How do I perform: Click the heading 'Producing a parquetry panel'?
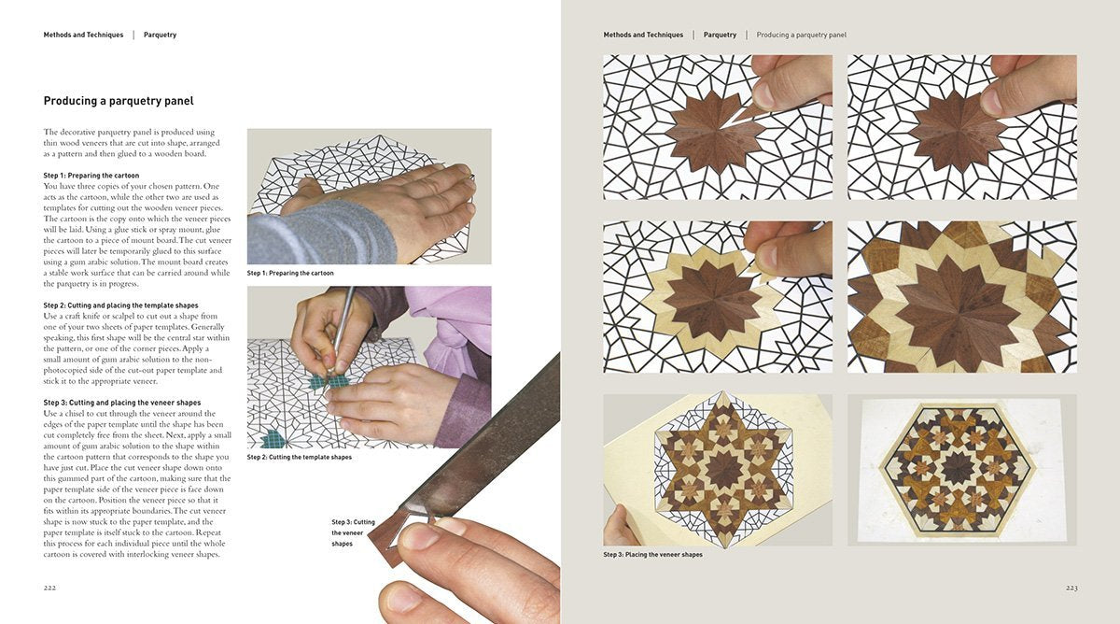(119, 101)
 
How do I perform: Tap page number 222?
(50, 588)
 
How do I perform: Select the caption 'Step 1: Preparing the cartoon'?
(290, 274)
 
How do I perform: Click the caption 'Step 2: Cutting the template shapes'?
(299, 458)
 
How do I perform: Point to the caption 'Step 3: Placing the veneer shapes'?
(652, 555)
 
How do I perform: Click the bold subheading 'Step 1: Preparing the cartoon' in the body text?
(91, 176)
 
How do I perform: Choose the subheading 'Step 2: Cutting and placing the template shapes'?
(120, 305)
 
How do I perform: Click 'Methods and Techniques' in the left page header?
(83, 35)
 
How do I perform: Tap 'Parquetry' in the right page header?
(720, 35)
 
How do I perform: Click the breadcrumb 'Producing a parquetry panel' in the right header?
(801, 35)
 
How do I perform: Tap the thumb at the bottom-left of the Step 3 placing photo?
(619, 525)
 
